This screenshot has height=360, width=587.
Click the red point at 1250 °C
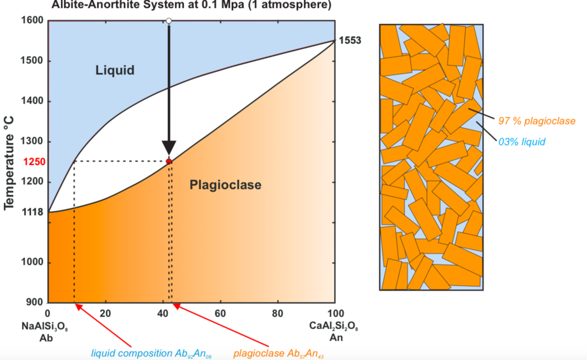click(x=169, y=161)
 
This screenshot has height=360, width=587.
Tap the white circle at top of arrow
click(x=169, y=21)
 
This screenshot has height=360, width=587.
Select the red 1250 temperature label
click(x=34, y=162)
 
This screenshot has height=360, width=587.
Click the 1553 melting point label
click(x=350, y=41)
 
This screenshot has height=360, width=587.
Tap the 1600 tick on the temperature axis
click(x=32, y=21)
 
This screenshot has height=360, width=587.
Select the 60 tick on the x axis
click(x=220, y=313)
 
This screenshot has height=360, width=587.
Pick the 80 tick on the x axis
click(x=278, y=313)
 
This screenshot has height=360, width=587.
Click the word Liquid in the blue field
click(x=115, y=70)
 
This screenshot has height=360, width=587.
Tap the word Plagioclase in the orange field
click(x=225, y=185)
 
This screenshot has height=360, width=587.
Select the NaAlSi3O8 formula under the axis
click(x=45, y=327)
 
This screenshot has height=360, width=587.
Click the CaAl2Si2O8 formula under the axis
click(x=334, y=327)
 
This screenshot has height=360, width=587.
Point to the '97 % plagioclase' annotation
click(x=536, y=121)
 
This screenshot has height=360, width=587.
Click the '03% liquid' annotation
click(x=522, y=142)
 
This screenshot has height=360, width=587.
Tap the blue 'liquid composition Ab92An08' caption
click(x=151, y=353)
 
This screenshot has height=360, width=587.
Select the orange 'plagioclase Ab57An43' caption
click(x=279, y=353)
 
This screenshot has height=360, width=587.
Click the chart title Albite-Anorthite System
click(x=191, y=5)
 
